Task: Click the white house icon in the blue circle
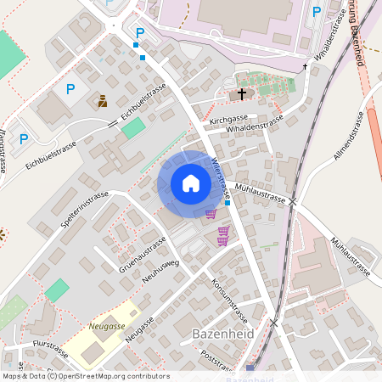[191, 183]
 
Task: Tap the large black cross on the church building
[242, 93]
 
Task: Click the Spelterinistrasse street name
[85, 209]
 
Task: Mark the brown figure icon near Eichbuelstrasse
[103, 100]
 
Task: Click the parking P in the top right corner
[317, 11]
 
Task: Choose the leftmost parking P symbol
[24, 138]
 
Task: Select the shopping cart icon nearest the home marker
[211, 213]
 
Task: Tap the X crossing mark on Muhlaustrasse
[293, 201]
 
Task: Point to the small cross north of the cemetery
[305, 66]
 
